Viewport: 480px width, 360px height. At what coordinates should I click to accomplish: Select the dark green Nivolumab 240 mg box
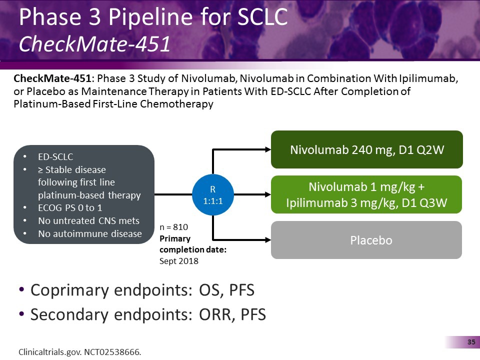(x=366, y=149)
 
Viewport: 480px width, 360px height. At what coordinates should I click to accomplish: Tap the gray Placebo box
(x=366, y=240)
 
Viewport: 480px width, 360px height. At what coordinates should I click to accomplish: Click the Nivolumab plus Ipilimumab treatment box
(x=366, y=194)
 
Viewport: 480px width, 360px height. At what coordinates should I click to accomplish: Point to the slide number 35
(x=470, y=342)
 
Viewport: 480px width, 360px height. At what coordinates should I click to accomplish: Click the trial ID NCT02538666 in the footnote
(x=112, y=352)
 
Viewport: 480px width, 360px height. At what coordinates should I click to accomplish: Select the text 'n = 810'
(x=174, y=226)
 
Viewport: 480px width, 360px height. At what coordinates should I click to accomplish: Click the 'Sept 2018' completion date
(x=179, y=260)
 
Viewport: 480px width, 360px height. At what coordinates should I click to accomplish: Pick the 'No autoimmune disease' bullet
(x=90, y=233)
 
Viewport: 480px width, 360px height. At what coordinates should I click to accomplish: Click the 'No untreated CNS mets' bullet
(x=88, y=221)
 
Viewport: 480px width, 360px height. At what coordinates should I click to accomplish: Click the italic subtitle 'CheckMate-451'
(x=94, y=44)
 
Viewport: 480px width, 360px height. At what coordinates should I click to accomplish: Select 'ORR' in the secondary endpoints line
(x=212, y=314)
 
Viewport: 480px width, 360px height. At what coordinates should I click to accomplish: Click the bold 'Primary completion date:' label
(x=193, y=243)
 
